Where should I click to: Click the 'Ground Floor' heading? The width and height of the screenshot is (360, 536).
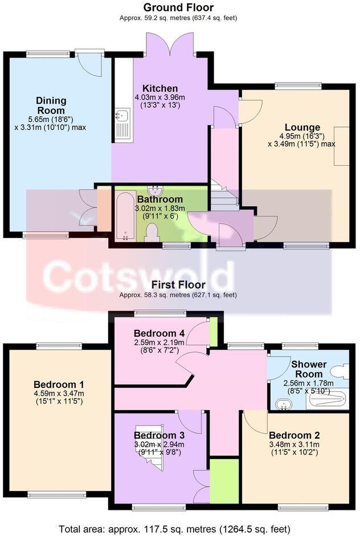[178, 7]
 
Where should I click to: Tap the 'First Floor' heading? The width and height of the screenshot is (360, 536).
[178, 284]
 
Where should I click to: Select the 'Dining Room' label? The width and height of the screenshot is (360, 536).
[51, 105]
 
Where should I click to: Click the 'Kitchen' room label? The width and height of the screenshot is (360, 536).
[160, 88]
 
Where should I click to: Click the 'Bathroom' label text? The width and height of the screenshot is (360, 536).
[159, 199]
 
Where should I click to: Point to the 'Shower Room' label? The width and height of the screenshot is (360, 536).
[309, 369]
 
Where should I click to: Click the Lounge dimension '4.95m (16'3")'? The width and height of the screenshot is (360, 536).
[301, 137]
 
